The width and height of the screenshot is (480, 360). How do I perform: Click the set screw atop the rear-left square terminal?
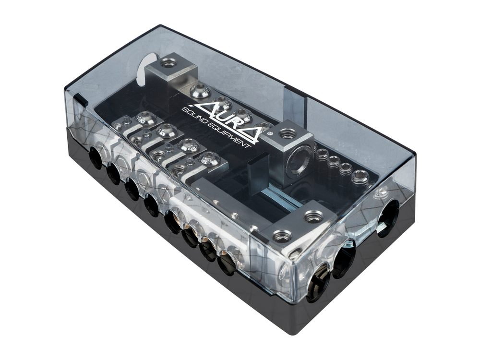(x=168, y=62)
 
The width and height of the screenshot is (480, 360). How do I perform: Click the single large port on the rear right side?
(x=388, y=218)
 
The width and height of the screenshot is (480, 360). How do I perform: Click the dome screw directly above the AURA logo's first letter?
(x=200, y=90)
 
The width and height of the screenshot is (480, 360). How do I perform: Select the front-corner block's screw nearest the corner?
(x=282, y=236)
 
